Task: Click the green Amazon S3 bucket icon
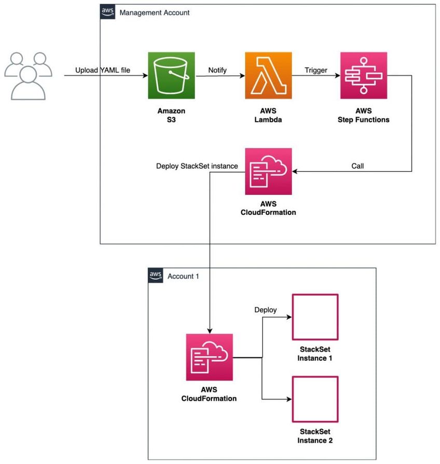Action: [x=171, y=75]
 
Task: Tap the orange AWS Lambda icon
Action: [x=268, y=75]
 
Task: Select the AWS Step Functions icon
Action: [x=363, y=75]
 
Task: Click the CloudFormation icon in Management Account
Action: [x=268, y=171]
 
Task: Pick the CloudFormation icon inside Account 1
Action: [x=209, y=357]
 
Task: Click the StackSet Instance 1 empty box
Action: [x=315, y=318]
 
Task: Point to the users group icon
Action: [x=28, y=75]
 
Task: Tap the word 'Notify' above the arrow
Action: [x=217, y=70]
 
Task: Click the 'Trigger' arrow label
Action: [x=316, y=70]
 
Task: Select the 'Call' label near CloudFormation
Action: [x=358, y=166]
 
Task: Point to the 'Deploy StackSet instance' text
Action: [x=197, y=166]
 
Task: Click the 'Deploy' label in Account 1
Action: [x=265, y=310]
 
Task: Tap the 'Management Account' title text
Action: [x=155, y=12]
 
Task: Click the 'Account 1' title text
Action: [x=183, y=276]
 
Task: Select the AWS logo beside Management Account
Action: [x=107, y=12]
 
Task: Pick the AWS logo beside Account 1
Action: [x=155, y=276]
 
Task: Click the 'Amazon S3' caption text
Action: [x=171, y=115]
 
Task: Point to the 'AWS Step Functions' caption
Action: [x=363, y=115]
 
